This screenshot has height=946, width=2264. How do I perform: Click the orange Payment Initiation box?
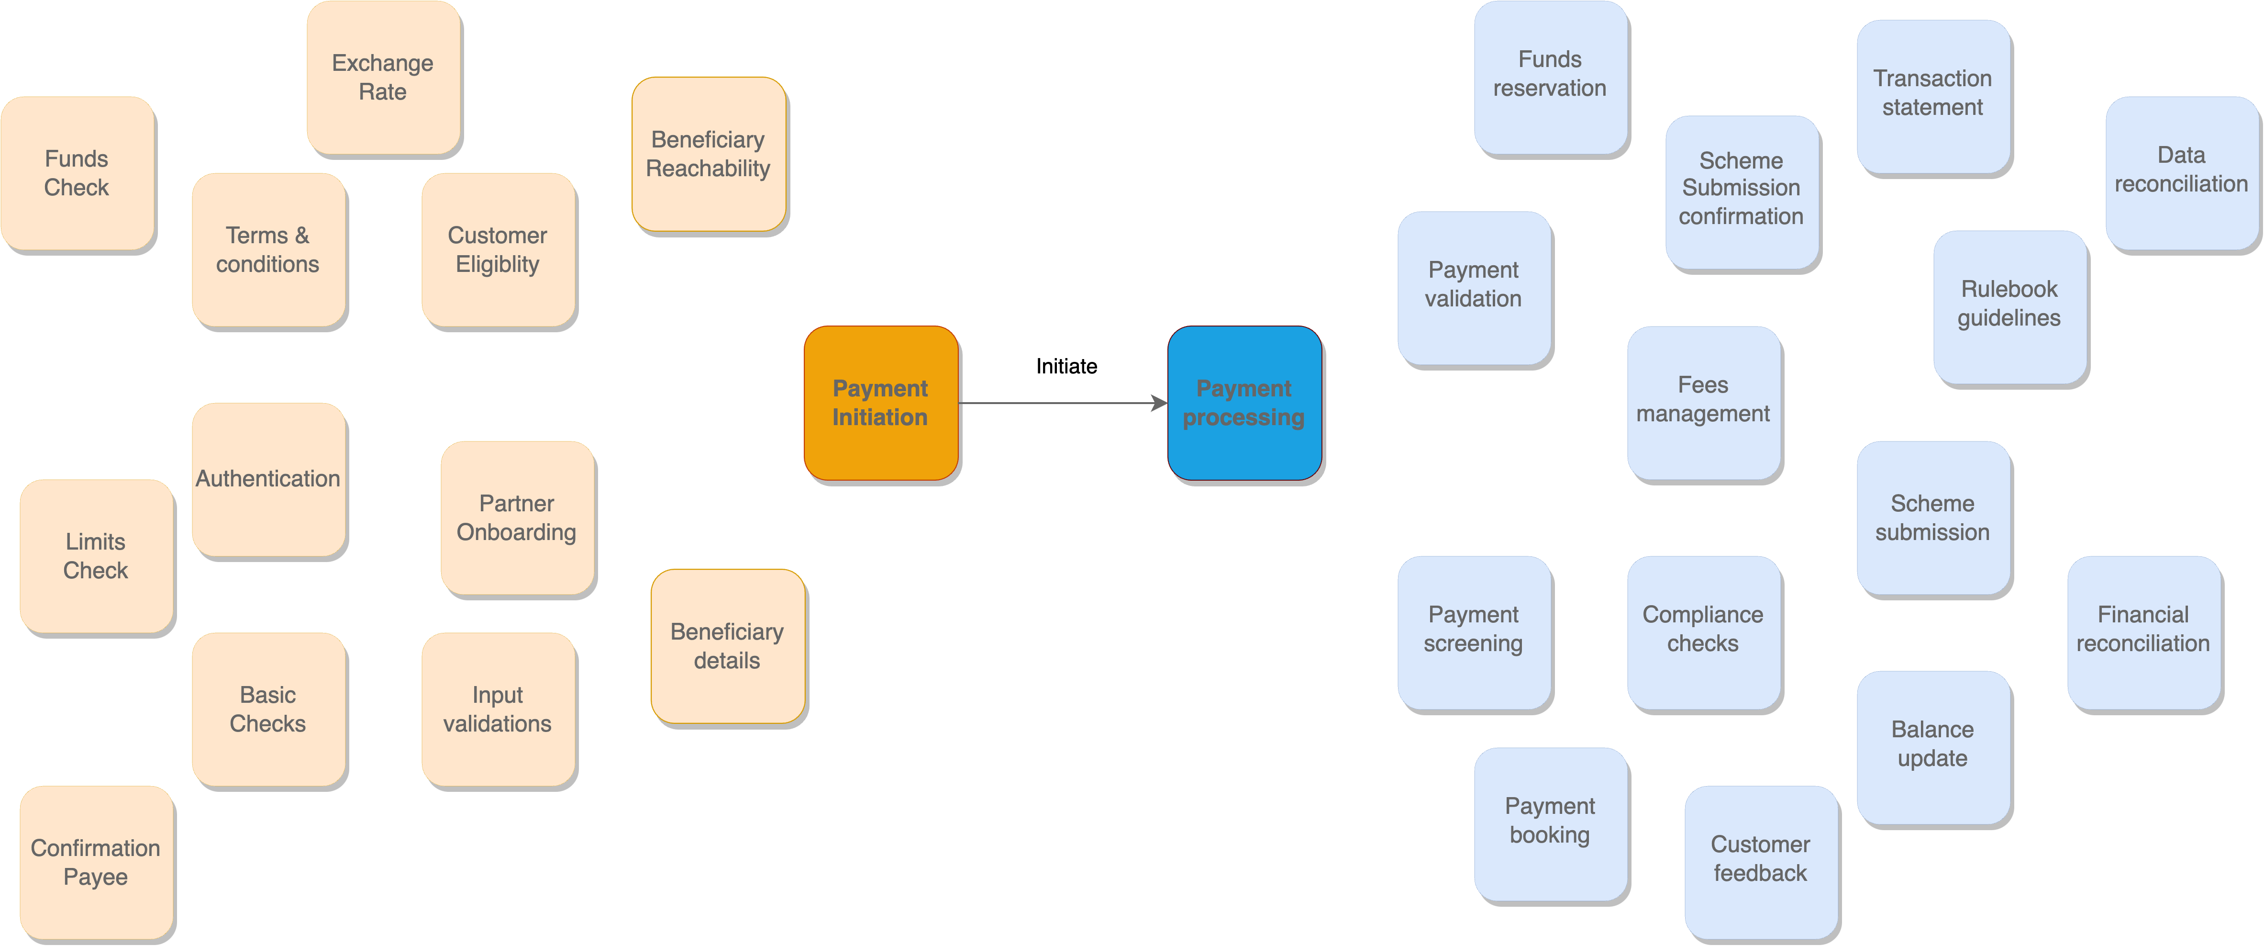click(x=881, y=403)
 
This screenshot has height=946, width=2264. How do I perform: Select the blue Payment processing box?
click(x=1243, y=403)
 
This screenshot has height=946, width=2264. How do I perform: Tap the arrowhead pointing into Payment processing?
click(x=1160, y=404)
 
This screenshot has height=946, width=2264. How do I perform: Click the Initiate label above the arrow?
click(x=1066, y=367)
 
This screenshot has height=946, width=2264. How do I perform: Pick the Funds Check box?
click(x=78, y=173)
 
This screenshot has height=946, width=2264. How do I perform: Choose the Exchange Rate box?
click(x=383, y=78)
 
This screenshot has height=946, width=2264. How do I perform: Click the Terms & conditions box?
click(x=268, y=250)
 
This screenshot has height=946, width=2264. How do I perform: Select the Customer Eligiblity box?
click(x=498, y=250)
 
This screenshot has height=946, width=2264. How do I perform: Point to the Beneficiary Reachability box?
click(x=709, y=154)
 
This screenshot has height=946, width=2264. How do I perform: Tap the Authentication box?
click(x=268, y=479)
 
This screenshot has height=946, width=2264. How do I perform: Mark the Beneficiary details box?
click(x=727, y=646)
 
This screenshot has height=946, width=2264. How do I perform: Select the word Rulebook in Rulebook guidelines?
click(x=2009, y=289)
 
